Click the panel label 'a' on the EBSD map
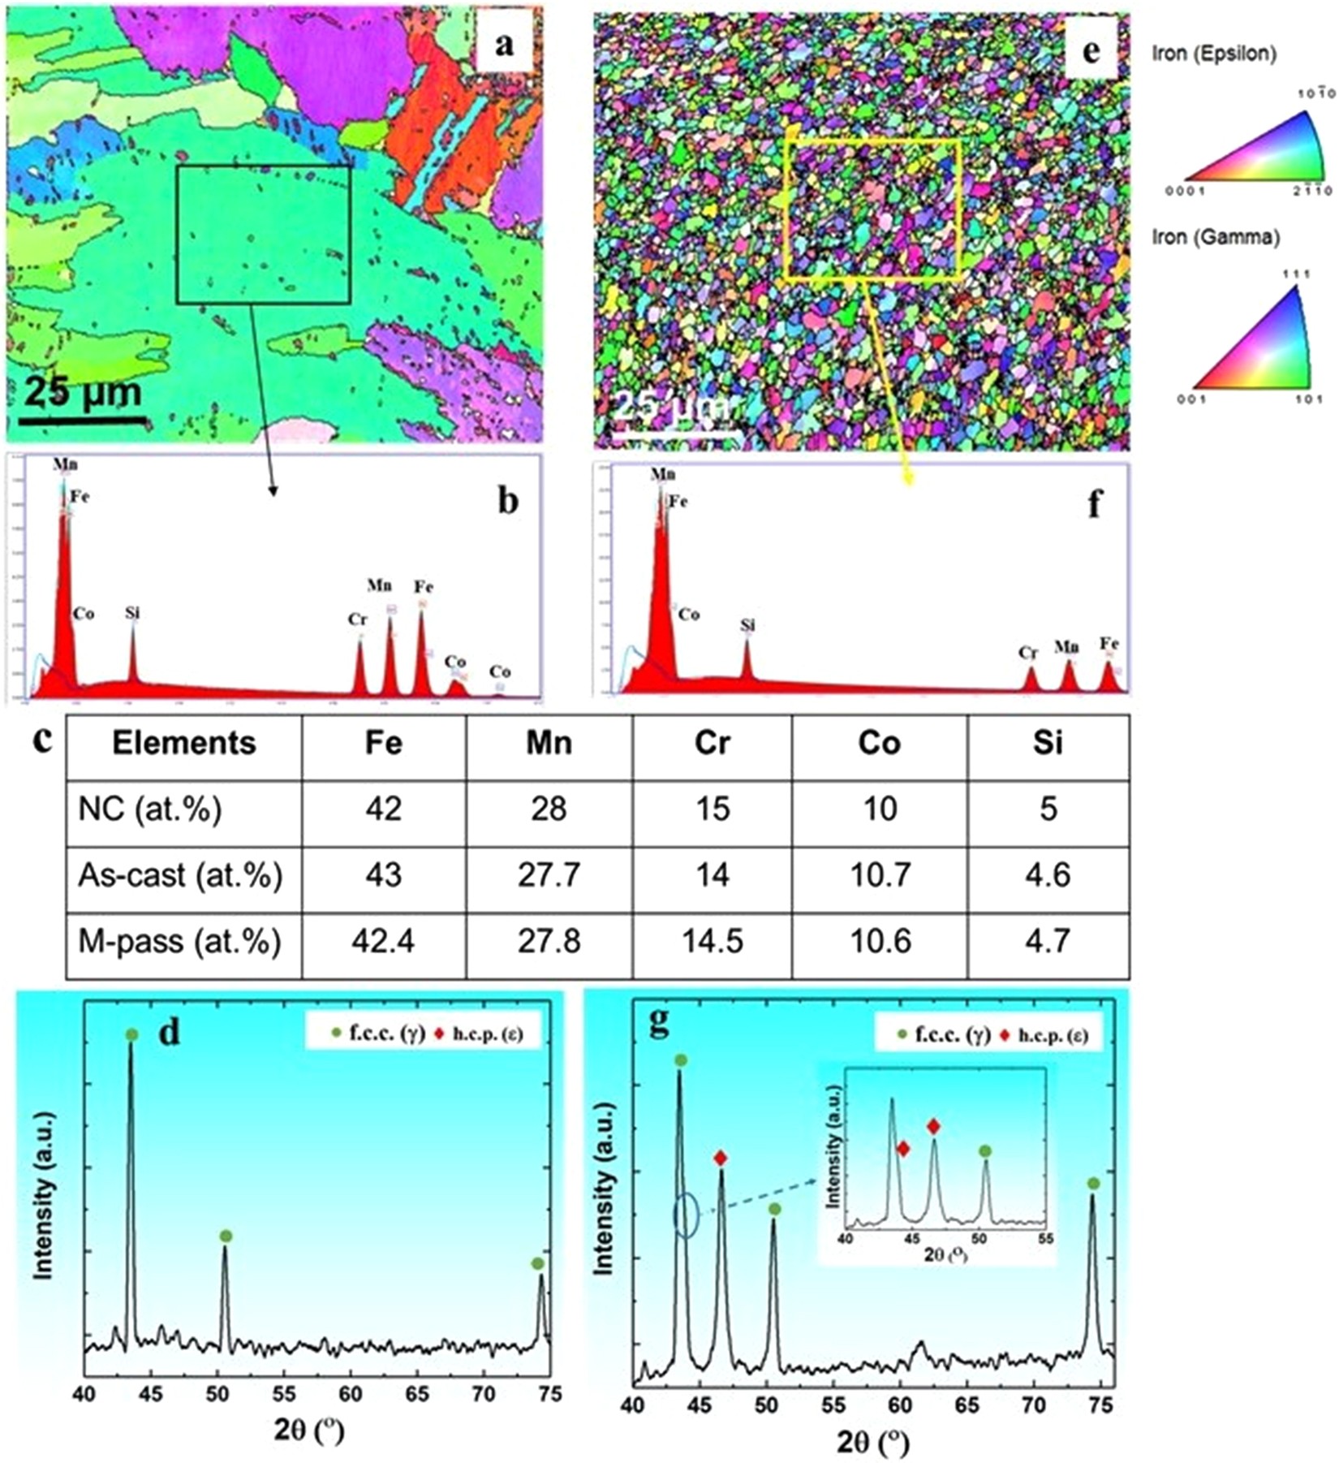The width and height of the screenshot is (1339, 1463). coord(505,45)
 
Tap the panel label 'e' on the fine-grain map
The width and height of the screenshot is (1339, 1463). coord(1091,51)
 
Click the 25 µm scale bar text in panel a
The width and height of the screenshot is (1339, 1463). coord(81,393)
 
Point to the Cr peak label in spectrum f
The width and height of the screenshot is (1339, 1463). coord(1027,653)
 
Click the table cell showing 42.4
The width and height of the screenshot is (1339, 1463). coord(384,942)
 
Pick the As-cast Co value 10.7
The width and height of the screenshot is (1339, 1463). coord(880,874)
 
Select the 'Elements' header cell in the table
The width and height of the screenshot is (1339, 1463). coord(184,743)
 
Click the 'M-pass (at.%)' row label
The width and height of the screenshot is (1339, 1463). coord(179,942)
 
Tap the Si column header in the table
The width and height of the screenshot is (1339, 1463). coord(1048,743)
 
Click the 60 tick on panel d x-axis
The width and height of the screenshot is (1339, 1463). coord(350,1394)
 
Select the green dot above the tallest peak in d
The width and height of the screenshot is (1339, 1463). coord(131,1034)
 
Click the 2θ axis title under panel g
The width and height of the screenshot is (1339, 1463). coord(873,1439)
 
